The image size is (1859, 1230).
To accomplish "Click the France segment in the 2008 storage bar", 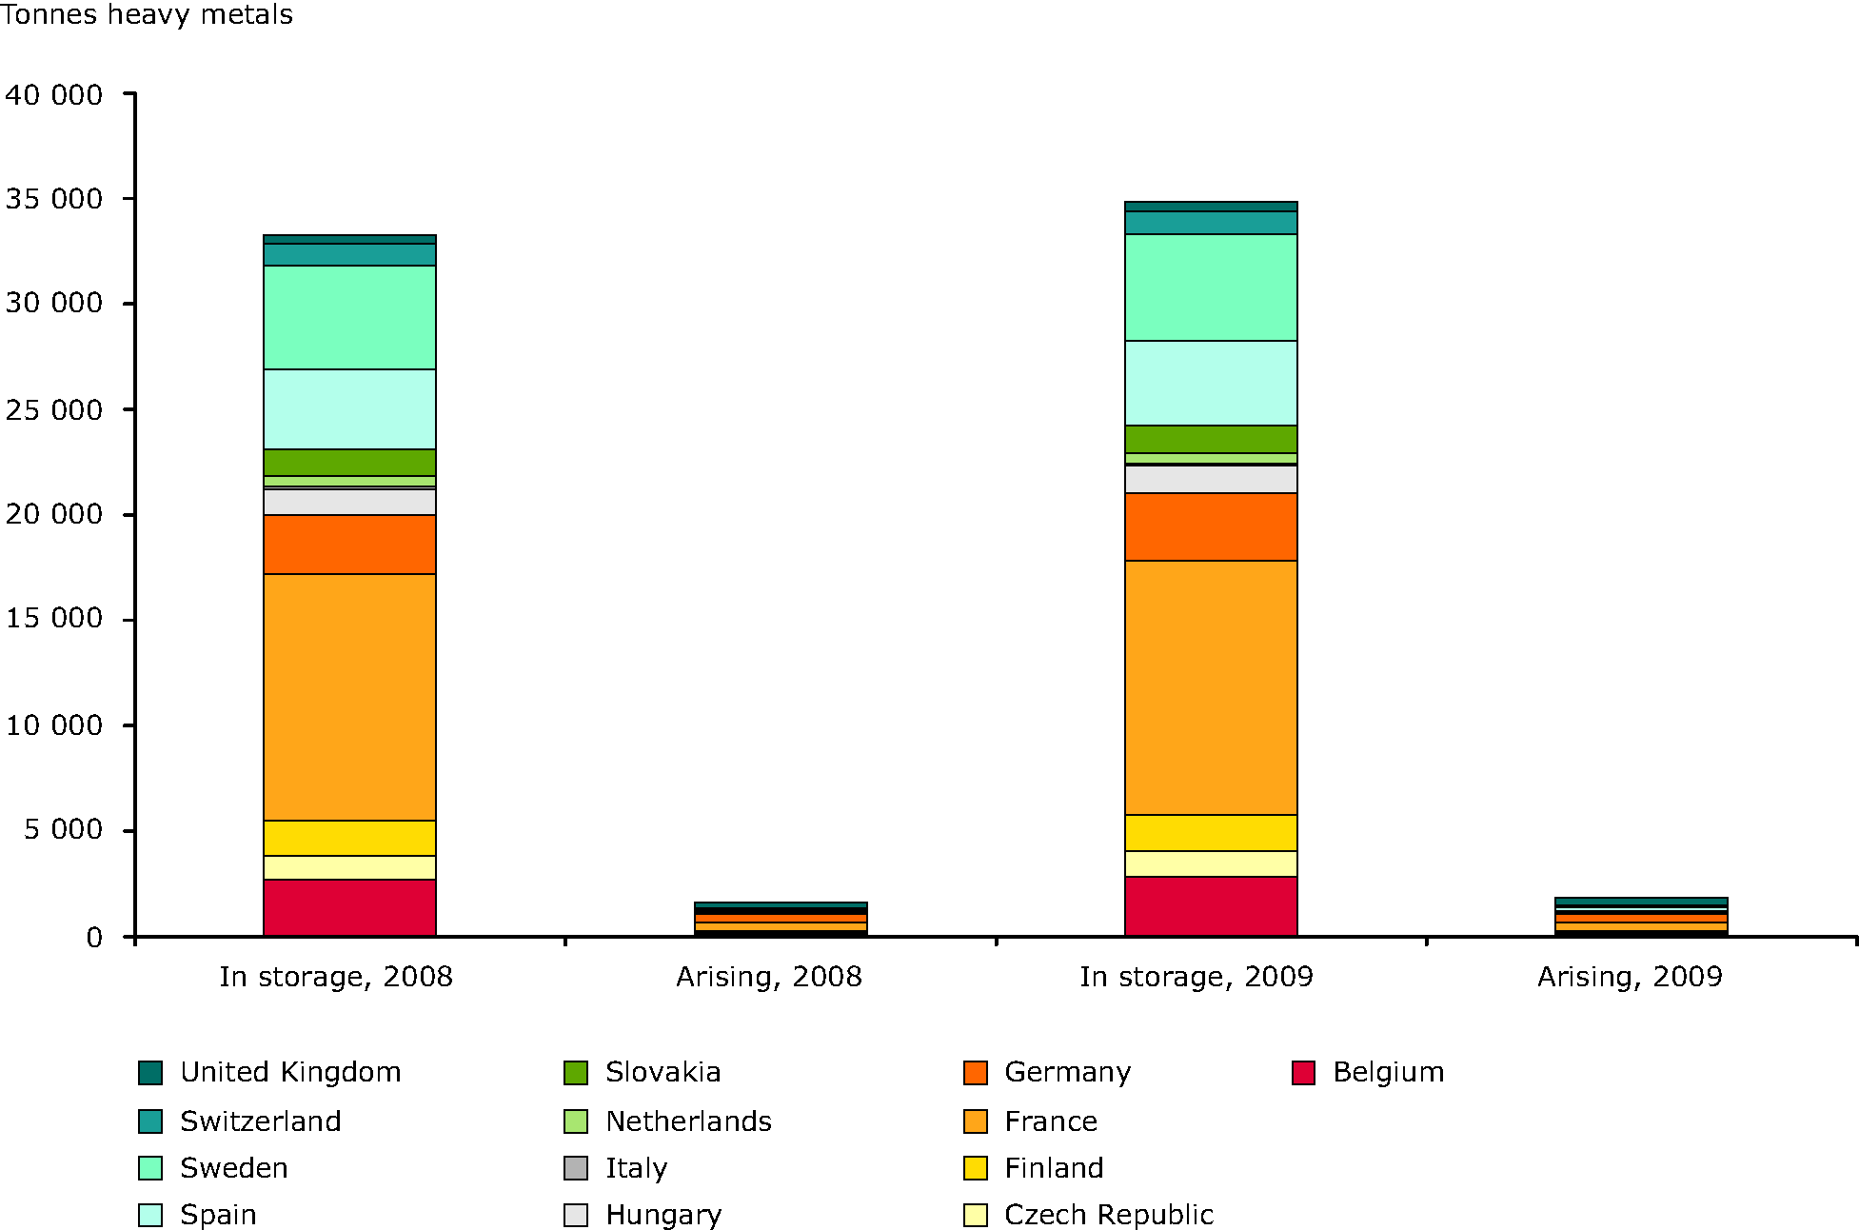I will click(x=349, y=697).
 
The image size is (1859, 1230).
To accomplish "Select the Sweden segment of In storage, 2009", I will click(x=1211, y=288).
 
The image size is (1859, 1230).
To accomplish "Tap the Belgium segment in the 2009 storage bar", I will click(x=1211, y=906).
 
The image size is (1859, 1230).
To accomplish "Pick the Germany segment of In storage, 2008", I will click(x=349, y=545).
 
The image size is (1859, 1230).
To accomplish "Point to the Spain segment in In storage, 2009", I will click(x=1211, y=383).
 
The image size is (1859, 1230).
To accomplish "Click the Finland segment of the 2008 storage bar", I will click(x=349, y=838).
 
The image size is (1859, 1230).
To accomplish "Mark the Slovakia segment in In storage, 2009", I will click(x=1211, y=439).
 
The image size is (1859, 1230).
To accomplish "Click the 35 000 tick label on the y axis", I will click(x=54, y=199).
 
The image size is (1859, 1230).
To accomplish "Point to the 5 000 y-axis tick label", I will click(x=63, y=830).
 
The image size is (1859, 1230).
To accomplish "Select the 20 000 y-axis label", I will click(x=54, y=514).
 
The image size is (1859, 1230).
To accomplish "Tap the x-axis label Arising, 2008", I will click(x=769, y=977).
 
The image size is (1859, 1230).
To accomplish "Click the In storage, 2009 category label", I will click(x=1196, y=977).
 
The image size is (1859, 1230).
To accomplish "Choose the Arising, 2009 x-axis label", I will click(x=1630, y=977).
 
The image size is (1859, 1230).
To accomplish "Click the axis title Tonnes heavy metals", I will click(x=147, y=15).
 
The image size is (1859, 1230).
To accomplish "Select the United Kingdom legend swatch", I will click(x=150, y=1073).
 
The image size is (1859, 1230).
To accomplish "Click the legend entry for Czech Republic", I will click(x=1109, y=1215).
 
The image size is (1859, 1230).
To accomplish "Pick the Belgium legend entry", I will click(x=1388, y=1073).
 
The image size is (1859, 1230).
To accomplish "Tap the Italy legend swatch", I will click(x=576, y=1168).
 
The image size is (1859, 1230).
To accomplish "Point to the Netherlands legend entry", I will click(x=688, y=1121).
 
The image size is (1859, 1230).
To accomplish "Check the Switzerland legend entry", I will click(x=260, y=1121).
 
